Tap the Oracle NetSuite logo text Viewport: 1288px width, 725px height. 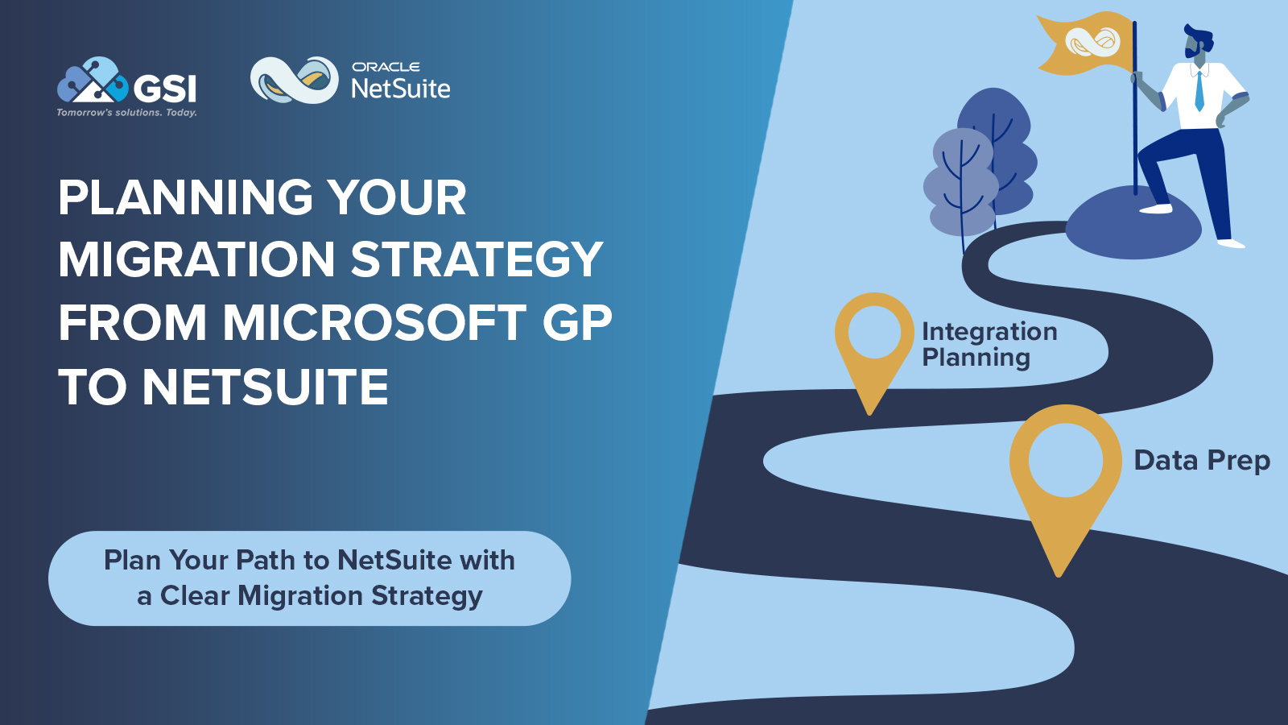400,81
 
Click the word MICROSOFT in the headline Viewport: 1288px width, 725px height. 374,323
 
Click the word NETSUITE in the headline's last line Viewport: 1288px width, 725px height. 265,387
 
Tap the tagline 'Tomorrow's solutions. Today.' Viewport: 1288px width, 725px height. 126,113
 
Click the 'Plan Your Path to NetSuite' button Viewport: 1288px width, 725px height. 309,578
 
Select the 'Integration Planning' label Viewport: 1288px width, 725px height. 989,345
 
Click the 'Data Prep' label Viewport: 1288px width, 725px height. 1201,461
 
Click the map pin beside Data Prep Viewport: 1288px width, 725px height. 1064,475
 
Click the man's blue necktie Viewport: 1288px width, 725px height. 1199,91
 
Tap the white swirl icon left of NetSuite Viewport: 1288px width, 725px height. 294,80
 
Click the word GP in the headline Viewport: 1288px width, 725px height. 576,323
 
